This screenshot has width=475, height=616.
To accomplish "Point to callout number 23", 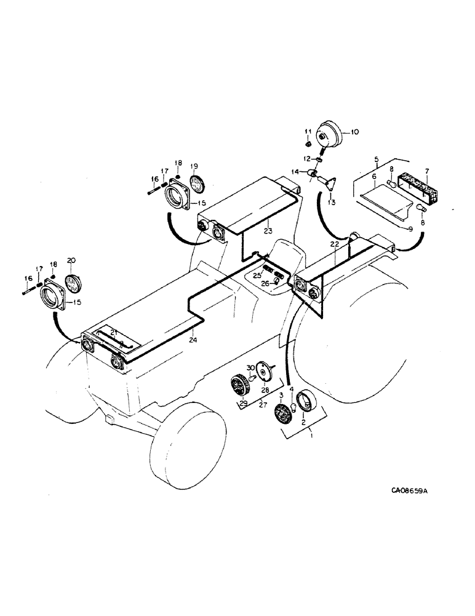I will [x=268, y=232].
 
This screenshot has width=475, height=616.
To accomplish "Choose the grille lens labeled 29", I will [x=237, y=386].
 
